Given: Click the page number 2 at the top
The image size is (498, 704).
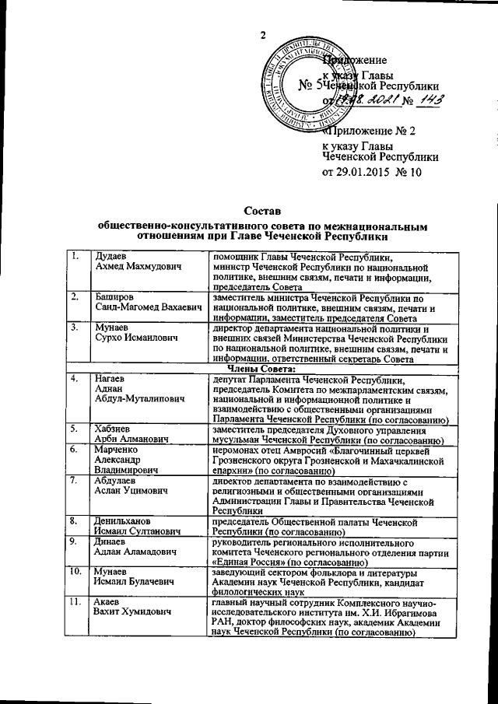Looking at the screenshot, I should pos(263,34).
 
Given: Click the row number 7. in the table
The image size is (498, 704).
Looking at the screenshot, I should pos(75,481).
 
